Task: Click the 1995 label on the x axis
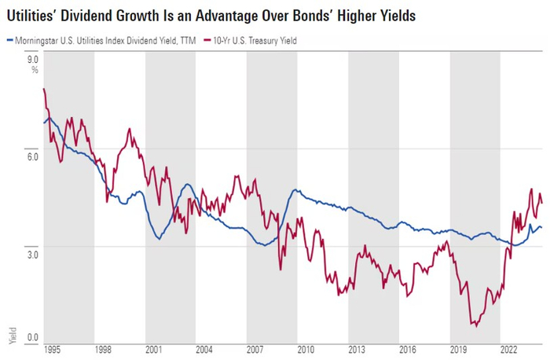53,347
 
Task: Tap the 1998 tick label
103,347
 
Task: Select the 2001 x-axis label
154,347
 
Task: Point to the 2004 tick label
204,347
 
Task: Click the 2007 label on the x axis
255,347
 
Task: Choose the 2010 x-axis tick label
306,347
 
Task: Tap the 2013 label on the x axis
357,347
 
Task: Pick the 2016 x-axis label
407,347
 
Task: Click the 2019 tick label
458,347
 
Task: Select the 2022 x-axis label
508,347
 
